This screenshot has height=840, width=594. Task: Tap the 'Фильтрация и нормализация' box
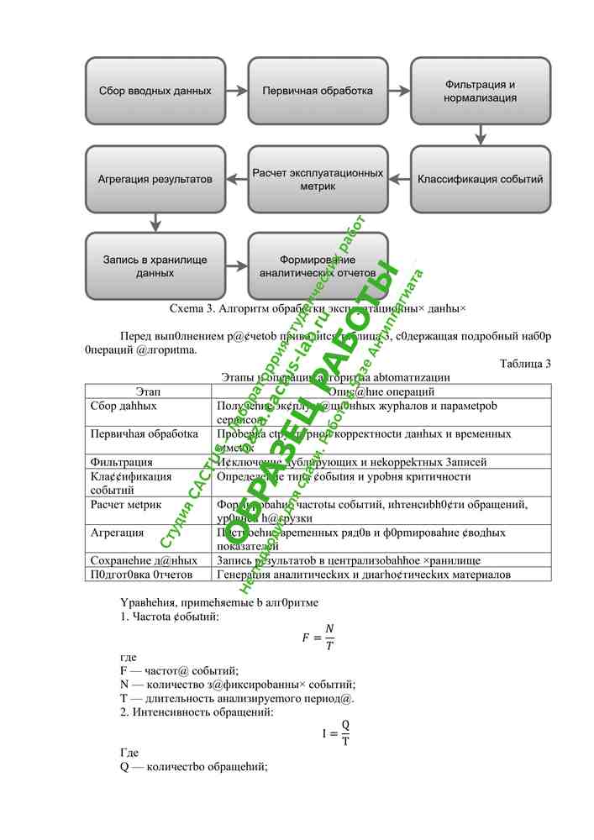pos(480,90)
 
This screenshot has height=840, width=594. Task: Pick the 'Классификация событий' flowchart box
pos(480,179)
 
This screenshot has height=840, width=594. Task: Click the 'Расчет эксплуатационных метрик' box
pos(318,179)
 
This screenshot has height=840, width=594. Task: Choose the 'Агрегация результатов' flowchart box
pos(155,179)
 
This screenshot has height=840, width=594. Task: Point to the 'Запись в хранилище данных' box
pos(155,265)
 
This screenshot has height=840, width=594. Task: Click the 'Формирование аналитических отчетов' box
pos(318,265)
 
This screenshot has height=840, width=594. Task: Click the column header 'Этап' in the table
pos(148,391)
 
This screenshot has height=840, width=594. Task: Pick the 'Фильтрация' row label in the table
pos(122,461)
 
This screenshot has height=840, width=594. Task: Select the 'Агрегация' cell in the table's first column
pos(117,533)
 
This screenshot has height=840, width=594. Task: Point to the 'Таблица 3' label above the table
pos(525,364)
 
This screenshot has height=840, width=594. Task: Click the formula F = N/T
pos(318,637)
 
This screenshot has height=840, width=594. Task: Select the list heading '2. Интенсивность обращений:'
pos(197,712)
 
